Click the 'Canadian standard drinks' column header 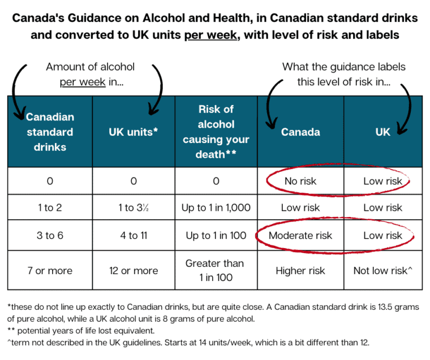point(50,132)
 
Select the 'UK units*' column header point(134,132)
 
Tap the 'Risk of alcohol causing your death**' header point(216,132)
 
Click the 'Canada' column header point(300,132)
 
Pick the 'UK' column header point(383,132)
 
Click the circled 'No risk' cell point(300,181)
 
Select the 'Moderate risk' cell point(300,235)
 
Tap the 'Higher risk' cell point(300,271)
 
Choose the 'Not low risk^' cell point(383,271)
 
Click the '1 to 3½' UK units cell point(134,208)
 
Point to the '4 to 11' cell point(134,235)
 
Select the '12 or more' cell point(134,271)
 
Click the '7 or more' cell point(50,271)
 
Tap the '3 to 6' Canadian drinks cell point(50,235)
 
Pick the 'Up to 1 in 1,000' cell point(216,208)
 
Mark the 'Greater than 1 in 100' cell point(216,270)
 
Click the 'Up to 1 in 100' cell point(216,235)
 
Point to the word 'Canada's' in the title point(38,18)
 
